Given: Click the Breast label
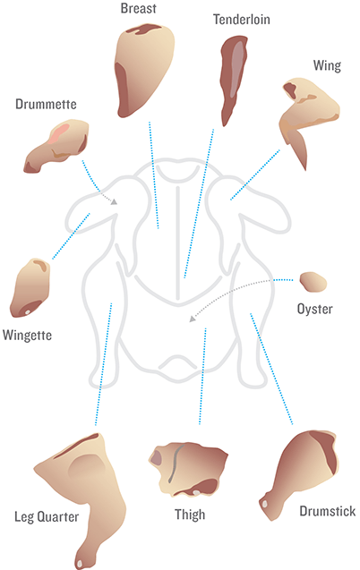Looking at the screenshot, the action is click(139, 8).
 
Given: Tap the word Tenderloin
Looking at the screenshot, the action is click(242, 20).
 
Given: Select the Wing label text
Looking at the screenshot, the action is click(327, 66).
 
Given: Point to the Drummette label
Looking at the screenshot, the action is click(46, 105).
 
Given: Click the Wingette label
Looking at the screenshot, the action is click(27, 336).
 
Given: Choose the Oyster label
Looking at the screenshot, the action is click(315, 309).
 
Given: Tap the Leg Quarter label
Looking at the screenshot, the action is click(47, 516).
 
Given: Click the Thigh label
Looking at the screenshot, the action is click(190, 515).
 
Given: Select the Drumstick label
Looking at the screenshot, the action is click(328, 511).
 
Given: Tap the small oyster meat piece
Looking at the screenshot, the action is click(313, 282).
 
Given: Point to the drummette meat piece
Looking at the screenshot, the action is click(56, 145).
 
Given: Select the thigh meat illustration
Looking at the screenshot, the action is click(187, 470).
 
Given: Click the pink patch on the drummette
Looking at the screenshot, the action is click(59, 132).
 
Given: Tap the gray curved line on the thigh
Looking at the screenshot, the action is click(175, 464).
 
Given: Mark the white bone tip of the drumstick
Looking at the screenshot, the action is click(265, 504).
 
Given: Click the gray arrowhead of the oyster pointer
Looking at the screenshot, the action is click(193, 319).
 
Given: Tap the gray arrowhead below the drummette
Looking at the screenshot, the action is click(115, 201).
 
